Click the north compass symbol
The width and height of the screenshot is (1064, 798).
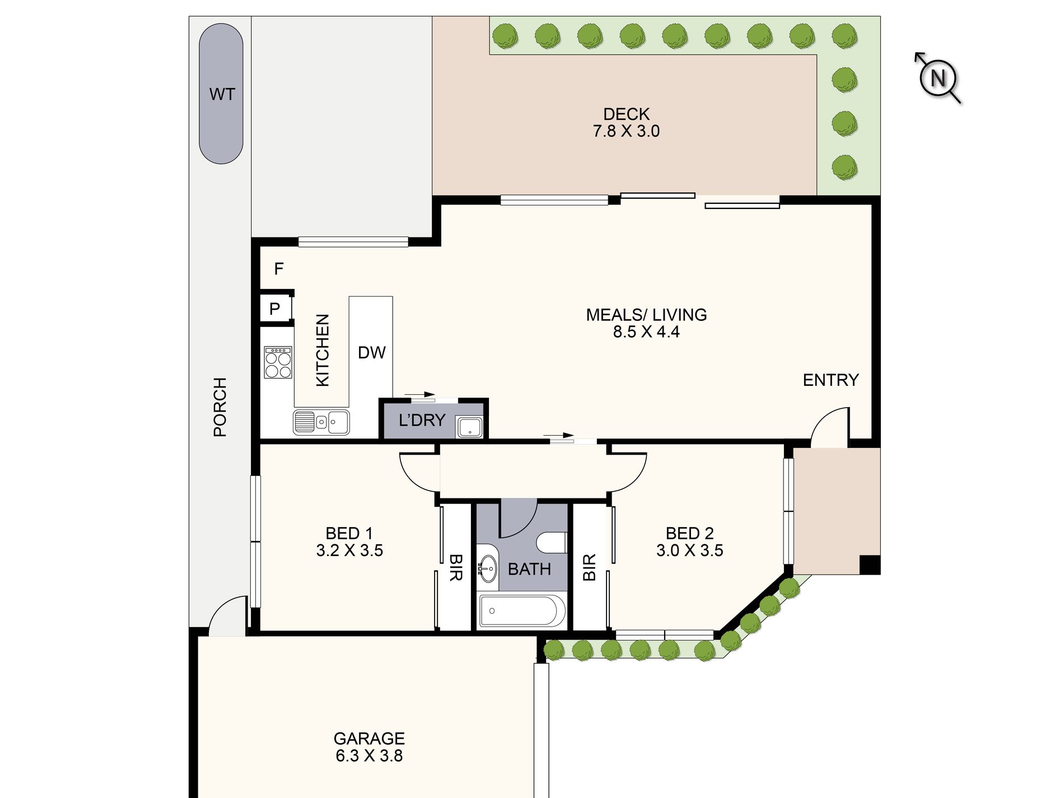pos(938,78)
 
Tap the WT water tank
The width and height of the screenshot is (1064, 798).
pos(221,94)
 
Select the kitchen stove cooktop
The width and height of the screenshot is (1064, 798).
pos(278,362)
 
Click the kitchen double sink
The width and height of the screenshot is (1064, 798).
pos(321,422)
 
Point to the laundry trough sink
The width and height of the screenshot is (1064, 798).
pos(469,427)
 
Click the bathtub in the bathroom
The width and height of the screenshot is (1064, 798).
pos(522,610)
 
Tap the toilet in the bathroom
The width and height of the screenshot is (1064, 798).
pos(552,543)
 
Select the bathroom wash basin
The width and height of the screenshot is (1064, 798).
pos(488,568)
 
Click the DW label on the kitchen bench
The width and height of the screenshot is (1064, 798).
pos(372,352)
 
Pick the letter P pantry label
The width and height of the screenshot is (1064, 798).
pos(274,309)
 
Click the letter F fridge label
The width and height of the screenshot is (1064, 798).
pos(279,269)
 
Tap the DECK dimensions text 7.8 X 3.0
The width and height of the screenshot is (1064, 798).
pos(626,131)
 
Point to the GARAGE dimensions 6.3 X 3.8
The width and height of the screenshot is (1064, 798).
pos(369,756)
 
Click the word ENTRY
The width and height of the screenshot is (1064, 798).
pos(830,380)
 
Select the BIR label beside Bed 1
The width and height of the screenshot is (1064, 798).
pos(456,567)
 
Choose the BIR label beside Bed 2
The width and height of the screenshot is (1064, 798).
pos(589,567)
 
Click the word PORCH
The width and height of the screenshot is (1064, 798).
pos(220,407)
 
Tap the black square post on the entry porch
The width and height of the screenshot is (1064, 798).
pos(870,564)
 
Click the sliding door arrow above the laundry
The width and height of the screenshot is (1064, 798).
pos(419,394)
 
